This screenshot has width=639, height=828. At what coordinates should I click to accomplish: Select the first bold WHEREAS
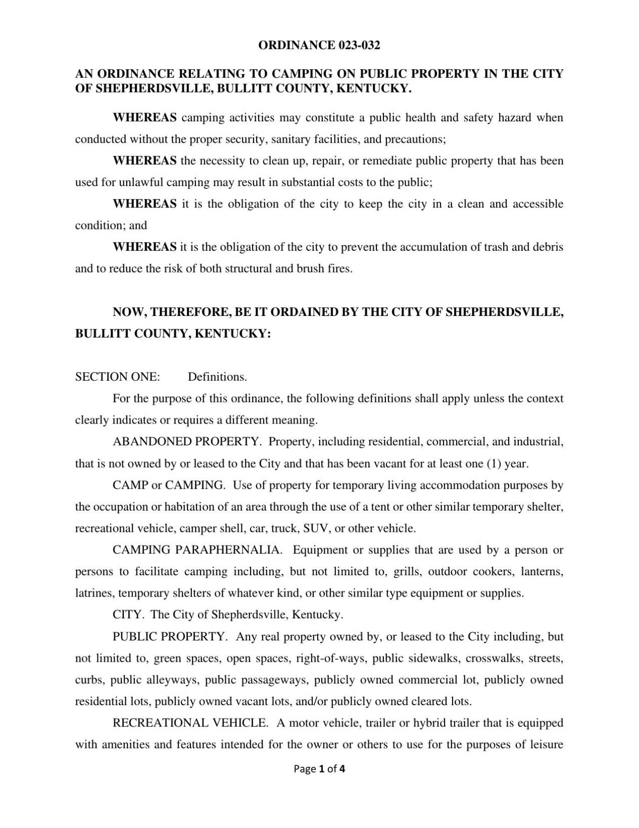pos(144,118)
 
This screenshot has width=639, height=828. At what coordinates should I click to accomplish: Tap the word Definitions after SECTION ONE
pos(217,377)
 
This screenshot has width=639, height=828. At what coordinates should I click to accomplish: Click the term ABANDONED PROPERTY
pos(186,441)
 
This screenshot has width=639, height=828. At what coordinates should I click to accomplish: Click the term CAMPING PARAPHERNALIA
pos(197,549)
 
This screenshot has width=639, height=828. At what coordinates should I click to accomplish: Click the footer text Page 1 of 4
pos(320,769)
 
